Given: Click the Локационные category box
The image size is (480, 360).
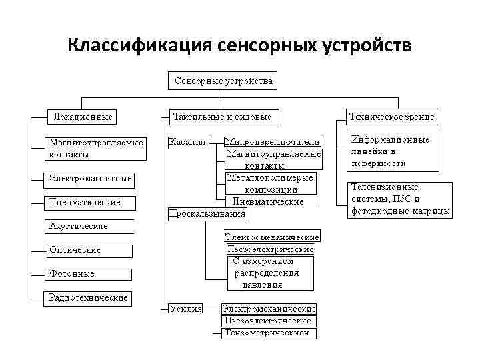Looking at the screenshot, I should pyautogui.click(x=82, y=117).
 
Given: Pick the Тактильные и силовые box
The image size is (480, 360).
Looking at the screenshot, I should pyautogui.click(x=222, y=117).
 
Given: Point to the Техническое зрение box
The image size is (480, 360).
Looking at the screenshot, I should pyautogui.click(x=392, y=117).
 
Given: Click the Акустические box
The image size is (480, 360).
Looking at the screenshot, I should pyautogui.click(x=89, y=226).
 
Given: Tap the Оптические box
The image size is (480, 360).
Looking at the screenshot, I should pyautogui.click(x=89, y=251).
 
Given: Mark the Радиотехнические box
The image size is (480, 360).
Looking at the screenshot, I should pyautogui.click(x=89, y=298).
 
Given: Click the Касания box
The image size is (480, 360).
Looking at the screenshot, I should pyautogui.click(x=187, y=141).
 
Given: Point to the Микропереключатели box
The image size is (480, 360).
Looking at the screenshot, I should pyautogui.click(x=273, y=141).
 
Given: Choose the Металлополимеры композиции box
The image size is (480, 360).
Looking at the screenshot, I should pyautogui.click(x=269, y=183).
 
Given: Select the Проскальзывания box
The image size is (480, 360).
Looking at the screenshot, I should pyautogui.click(x=207, y=214).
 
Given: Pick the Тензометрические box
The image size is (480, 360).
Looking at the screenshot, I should pyautogui.click(x=269, y=333).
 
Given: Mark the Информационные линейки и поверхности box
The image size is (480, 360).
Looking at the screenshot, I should pyautogui.click(x=392, y=151).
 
